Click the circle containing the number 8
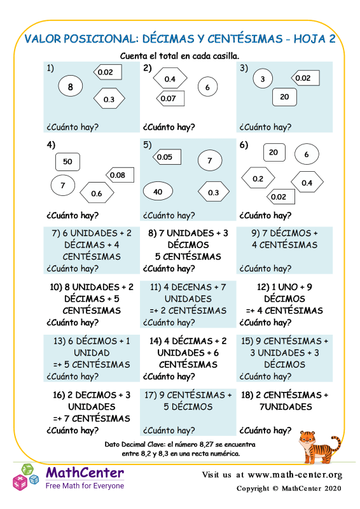[x=71, y=86]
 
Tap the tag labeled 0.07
[x=170, y=99]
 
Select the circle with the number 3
[x=263, y=78]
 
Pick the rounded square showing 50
[x=67, y=162]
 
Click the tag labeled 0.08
[x=120, y=175]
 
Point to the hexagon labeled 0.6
[x=97, y=193]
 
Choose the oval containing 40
[x=158, y=192]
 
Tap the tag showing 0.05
[x=167, y=157]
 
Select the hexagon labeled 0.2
[x=258, y=178]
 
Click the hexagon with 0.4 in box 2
[x=170, y=78]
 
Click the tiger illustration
[x=319, y=446]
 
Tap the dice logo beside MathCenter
[x=25, y=477]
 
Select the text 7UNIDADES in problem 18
[x=286, y=407]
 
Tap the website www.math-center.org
[x=295, y=475]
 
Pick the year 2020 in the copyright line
[x=332, y=488]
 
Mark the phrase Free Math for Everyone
[x=85, y=485]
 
